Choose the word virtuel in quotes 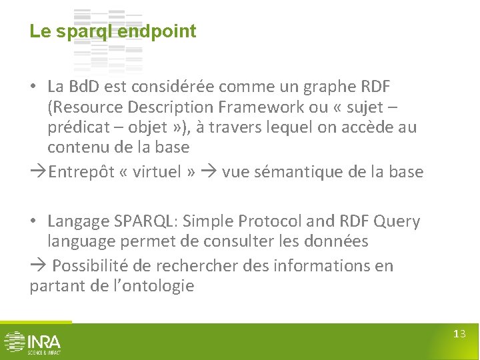tap(155, 172)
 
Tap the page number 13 tap(459, 334)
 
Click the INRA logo tap(31, 341)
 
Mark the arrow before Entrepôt tap(38, 172)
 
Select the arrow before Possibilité tap(37, 265)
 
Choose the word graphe tap(321, 87)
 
